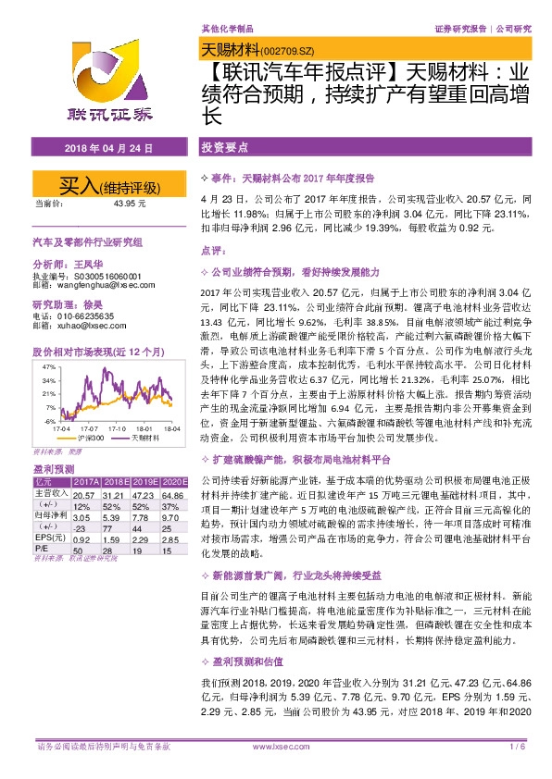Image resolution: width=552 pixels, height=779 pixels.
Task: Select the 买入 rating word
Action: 78,184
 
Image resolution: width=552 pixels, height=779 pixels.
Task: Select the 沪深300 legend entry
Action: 91,438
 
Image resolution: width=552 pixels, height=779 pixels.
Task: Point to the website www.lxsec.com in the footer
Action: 276,746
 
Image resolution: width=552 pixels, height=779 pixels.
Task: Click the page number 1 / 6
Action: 519,746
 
